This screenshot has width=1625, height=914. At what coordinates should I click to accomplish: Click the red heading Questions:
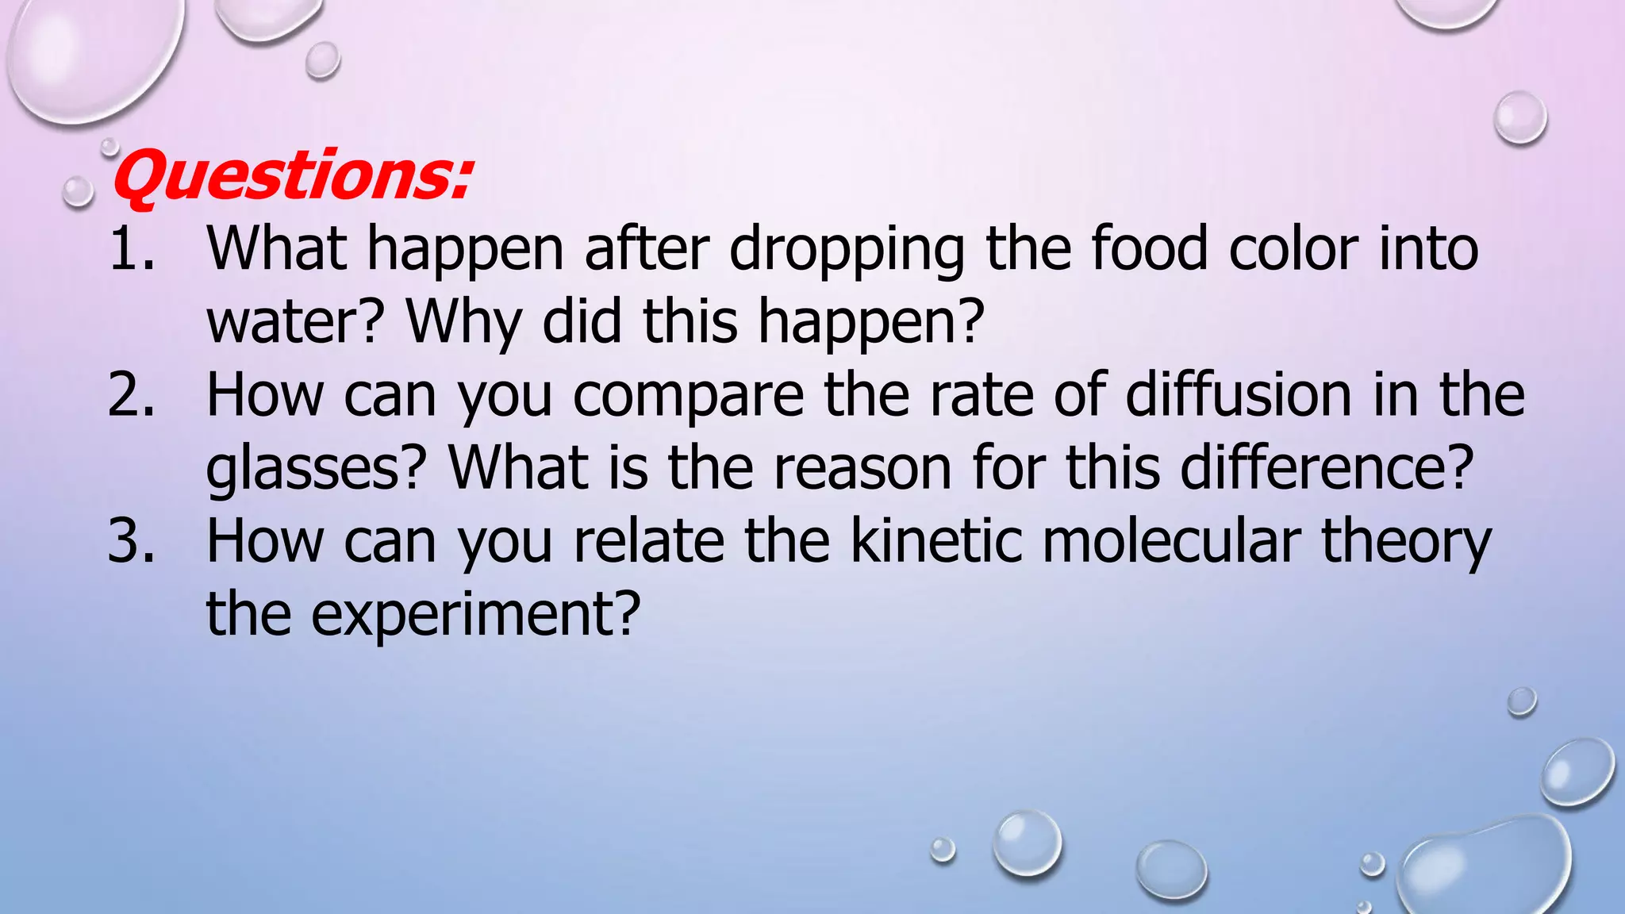coord(292,176)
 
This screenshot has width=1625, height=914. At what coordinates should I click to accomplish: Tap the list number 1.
coord(131,249)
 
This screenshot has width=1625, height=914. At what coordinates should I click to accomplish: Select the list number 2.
coord(131,395)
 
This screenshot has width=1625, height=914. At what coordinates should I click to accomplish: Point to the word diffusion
coord(1238,395)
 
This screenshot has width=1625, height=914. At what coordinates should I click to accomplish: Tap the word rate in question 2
coord(982,395)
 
